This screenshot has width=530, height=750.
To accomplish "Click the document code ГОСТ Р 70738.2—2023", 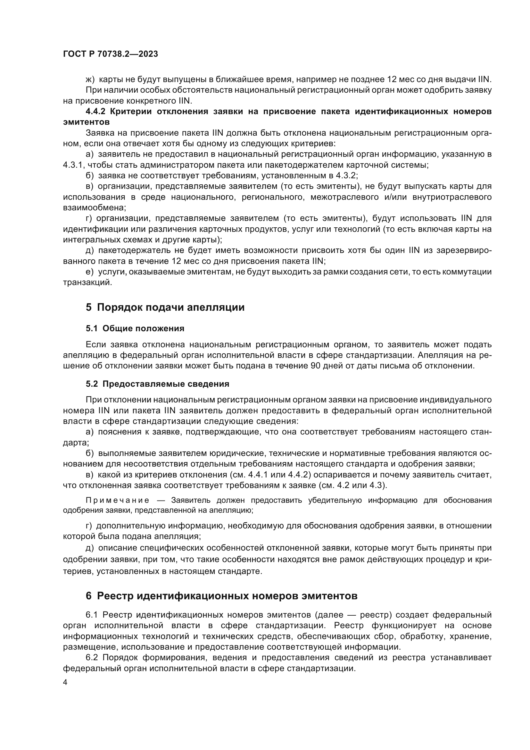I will click(x=110, y=54).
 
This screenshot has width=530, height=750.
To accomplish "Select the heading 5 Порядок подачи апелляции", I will click(x=165, y=308).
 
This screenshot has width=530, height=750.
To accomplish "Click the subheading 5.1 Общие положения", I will click(x=135, y=329).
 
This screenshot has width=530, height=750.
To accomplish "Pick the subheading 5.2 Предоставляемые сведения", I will click(x=158, y=384).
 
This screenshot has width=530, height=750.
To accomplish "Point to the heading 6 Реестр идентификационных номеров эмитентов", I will click(x=222, y=596).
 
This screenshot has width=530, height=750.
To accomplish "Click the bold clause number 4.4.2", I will click(x=95, y=112).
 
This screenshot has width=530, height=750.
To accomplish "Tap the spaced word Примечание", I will click(x=118, y=501).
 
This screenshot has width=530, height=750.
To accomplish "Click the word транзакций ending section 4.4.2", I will click(x=87, y=282).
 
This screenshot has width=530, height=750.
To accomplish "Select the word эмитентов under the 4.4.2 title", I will click(x=86, y=122).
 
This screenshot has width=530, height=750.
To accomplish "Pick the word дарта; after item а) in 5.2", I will click(x=76, y=443).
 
